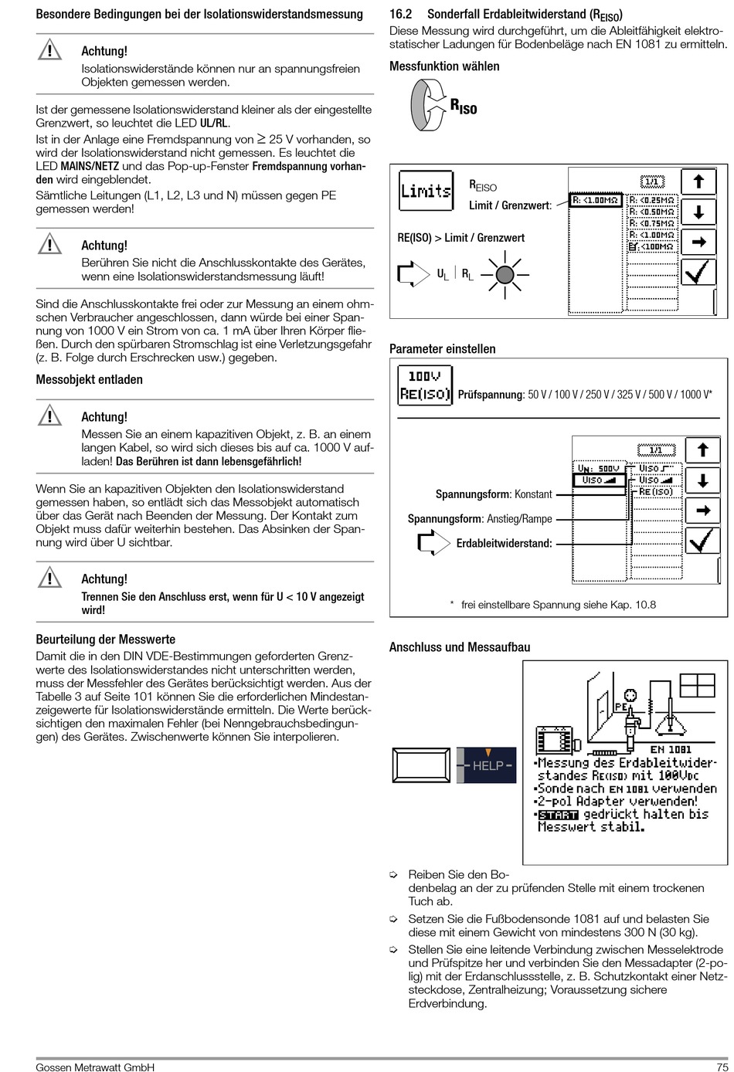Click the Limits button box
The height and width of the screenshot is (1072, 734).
click(425, 190)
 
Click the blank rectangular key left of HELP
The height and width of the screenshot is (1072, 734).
click(421, 765)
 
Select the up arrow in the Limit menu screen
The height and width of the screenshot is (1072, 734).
click(698, 182)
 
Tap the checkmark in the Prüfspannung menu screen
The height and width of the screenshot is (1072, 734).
click(702, 541)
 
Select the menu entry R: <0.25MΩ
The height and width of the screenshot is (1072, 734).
click(652, 199)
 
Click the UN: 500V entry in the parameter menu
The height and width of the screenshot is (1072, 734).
click(599, 469)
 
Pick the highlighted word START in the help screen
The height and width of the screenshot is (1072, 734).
click(558, 815)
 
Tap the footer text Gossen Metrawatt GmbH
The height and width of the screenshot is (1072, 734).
click(95, 1067)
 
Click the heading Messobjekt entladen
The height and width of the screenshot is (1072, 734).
click(89, 379)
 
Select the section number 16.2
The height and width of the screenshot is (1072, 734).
click(400, 15)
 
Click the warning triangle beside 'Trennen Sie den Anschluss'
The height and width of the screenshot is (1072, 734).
click(49, 578)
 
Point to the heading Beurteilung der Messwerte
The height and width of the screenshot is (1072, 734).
click(106, 639)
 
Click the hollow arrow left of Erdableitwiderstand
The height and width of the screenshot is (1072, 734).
click(433, 543)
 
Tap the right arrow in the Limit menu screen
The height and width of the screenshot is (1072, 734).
click(698, 243)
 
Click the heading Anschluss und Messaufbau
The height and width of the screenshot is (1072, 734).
click(460, 647)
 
